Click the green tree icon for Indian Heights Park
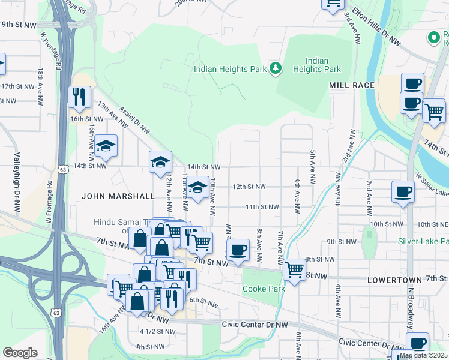[276, 68]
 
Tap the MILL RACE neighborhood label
[352, 85]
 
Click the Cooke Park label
[263, 289]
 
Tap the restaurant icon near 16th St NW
[79, 97]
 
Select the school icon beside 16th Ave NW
[106, 146]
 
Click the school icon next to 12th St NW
[197, 187]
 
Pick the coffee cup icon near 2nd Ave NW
[402, 193]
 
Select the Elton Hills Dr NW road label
[376, 28]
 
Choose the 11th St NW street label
[262, 207]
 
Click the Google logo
[20, 353]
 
